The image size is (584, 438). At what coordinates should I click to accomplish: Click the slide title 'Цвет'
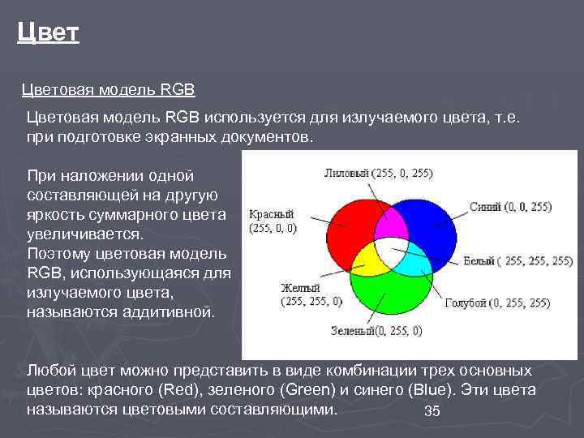[48, 33]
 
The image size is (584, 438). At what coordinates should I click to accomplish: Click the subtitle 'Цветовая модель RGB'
[108, 88]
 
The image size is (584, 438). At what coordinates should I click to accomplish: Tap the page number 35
[432, 412]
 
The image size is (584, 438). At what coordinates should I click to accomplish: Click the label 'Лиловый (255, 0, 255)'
[378, 173]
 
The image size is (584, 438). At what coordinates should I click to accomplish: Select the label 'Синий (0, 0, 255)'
[510, 207]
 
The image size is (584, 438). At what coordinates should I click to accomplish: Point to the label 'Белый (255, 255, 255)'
[517, 261]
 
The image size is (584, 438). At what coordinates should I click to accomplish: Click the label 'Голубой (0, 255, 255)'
[497, 303]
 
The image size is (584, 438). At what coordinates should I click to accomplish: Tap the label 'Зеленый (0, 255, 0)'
[376, 330]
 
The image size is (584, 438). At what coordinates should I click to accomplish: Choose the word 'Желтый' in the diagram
[300, 288]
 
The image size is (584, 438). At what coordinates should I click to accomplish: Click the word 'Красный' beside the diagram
[271, 215]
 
